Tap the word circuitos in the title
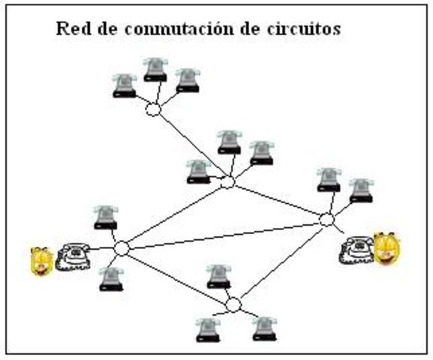tap(306, 29)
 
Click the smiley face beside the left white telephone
tap(41, 261)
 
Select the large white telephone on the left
tap(72, 256)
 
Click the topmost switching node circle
tap(153, 110)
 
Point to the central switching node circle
tap(228, 182)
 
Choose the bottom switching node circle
tap(233, 304)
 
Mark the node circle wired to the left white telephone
tap(122, 248)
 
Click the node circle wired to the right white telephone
tap(326, 220)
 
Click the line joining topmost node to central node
tap(191, 146)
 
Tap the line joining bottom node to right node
tap(280, 262)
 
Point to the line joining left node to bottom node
tap(177, 276)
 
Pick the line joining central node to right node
tap(277, 201)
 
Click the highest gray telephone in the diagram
tap(155, 69)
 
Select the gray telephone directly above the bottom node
tap(218, 276)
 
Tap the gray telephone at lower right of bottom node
tap(263, 328)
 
